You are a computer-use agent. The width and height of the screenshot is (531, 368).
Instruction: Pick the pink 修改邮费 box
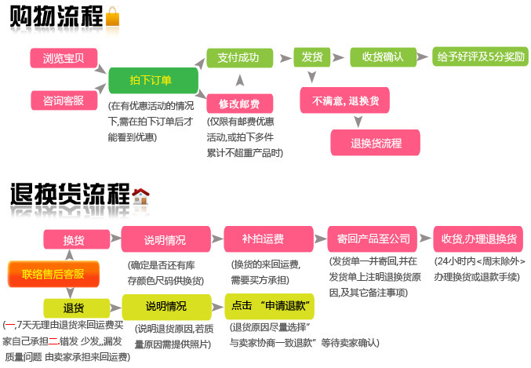point(239,103)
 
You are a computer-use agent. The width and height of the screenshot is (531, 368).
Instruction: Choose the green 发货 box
point(308,57)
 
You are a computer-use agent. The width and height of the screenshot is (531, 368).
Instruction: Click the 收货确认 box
point(382,57)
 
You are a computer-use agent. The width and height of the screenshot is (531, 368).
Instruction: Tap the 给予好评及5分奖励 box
point(482,57)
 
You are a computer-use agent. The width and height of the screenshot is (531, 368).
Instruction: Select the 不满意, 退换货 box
point(345,100)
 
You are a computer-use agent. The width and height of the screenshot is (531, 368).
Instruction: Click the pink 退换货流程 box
point(376,143)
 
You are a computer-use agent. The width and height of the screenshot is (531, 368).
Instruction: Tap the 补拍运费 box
point(263,239)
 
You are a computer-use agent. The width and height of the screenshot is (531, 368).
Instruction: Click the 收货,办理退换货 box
point(478,239)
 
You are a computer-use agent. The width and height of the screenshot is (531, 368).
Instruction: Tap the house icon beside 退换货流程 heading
point(141,196)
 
